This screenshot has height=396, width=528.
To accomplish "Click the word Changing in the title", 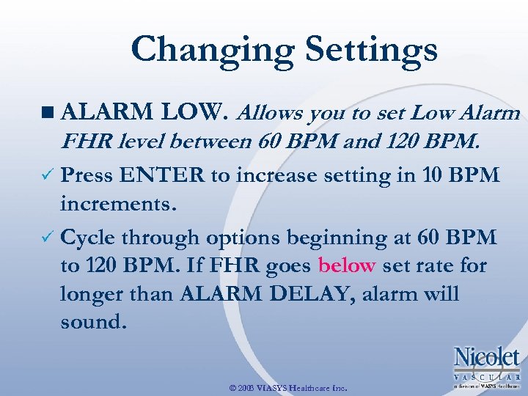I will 212,50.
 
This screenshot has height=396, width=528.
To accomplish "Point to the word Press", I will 87,176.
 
